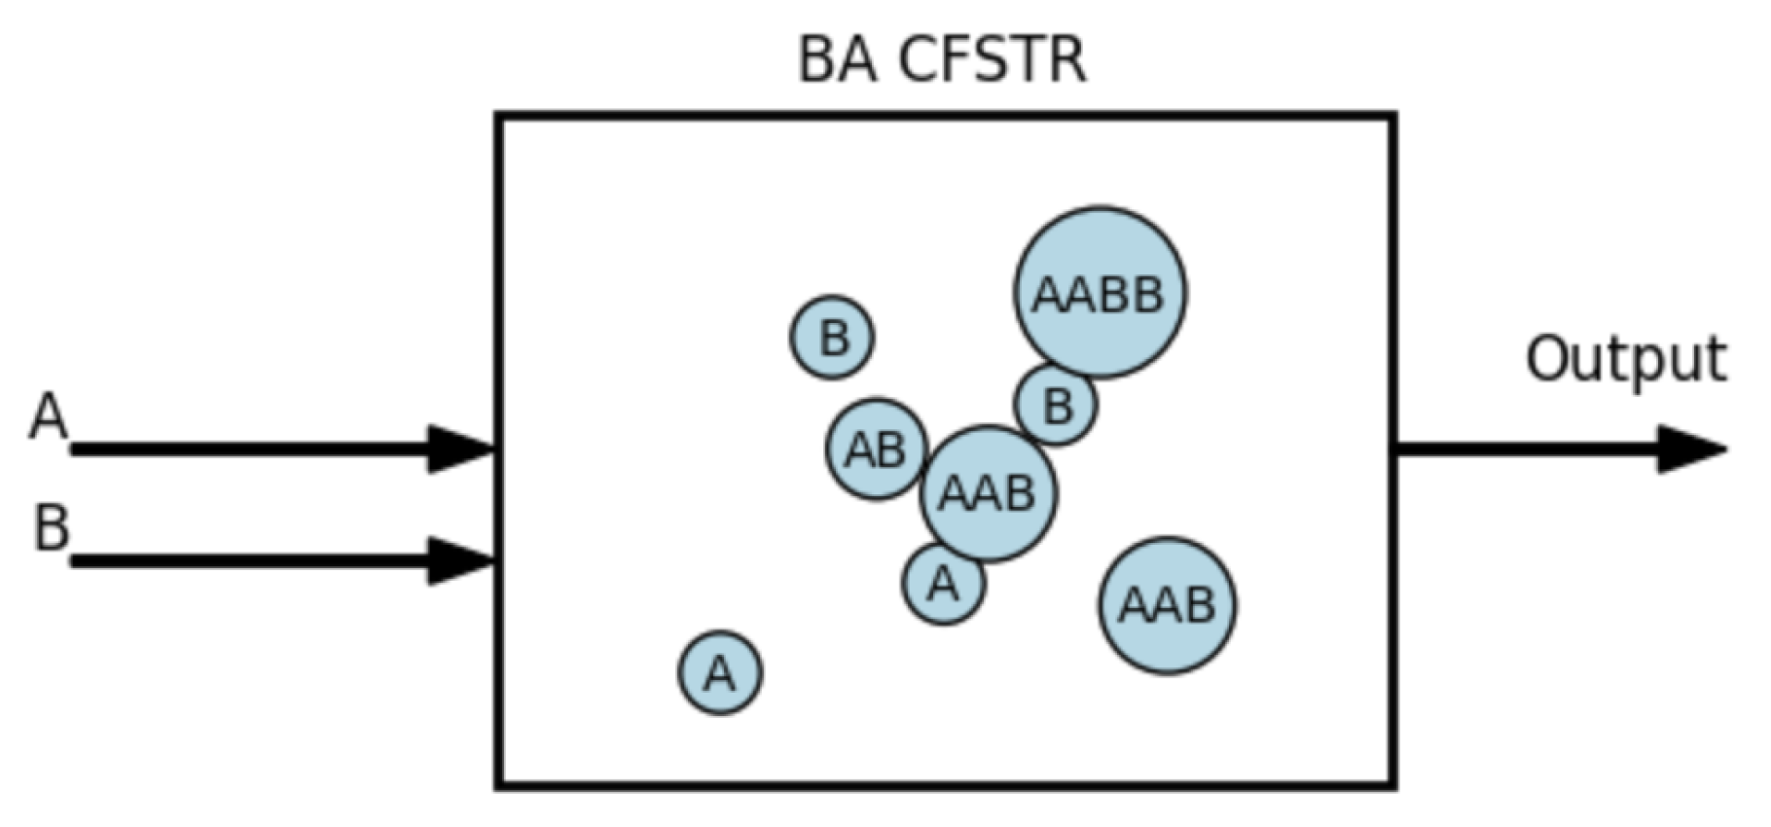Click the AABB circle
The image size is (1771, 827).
1100,292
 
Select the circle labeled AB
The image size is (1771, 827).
876,449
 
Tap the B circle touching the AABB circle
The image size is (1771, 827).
1057,404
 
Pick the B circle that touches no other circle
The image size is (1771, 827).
832,338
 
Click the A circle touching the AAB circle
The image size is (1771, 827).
944,583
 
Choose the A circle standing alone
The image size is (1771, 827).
720,672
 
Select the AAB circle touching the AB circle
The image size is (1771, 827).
988,493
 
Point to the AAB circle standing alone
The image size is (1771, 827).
1167,605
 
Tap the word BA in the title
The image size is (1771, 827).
837,60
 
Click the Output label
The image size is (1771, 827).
1625,360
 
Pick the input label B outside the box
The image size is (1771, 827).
51,526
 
